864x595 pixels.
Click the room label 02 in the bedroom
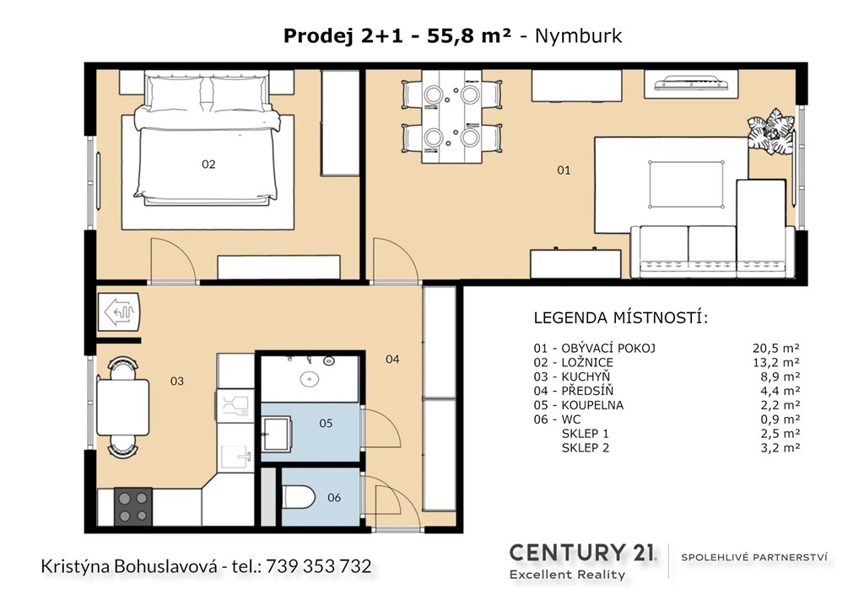208,165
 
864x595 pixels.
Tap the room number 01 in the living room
564,170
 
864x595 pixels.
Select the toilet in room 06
298,497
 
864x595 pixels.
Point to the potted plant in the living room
771,133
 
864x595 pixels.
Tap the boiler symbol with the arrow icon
119,311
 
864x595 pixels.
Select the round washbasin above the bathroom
309,379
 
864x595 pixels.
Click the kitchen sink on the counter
236,457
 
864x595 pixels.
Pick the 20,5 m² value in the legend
776,349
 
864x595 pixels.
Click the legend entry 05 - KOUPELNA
579,405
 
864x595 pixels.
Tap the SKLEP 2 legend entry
586,448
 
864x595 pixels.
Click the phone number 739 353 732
318,565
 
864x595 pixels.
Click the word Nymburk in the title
579,35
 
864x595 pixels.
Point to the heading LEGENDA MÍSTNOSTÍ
621,318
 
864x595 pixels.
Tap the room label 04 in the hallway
392,360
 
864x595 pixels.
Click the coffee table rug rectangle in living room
686,184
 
